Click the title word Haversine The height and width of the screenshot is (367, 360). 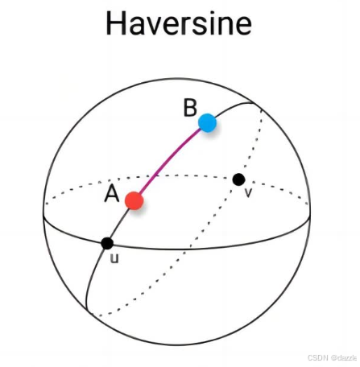pyautogui.click(x=179, y=23)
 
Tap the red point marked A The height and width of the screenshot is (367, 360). pyautogui.click(x=134, y=200)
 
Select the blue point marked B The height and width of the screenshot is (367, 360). pyautogui.click(x=207, y=123)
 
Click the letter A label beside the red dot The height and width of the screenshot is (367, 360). pyautogui.click(x=112, y=194)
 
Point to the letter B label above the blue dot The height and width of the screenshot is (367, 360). pyautogui.click(x=190, y=108)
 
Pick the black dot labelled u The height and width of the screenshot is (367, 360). pyautogui.click(x=107, y=243)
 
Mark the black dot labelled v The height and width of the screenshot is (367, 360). pyautogui.click(x=238, y=179)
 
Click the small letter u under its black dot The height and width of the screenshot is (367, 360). pyautogui.click(x=114, y=258)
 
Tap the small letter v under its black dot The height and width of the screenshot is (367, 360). pyautogui.click(x=249, y=192)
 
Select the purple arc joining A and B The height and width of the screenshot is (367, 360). pyautogui.click(x=169, y=161)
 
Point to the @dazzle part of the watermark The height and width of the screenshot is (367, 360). pyautogui.click(x=344, y=357)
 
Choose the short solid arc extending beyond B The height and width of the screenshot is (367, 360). pyautogui.click(x=234, y=106)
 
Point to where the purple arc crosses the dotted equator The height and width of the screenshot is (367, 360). pyautogui.click(x=156, y=176)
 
